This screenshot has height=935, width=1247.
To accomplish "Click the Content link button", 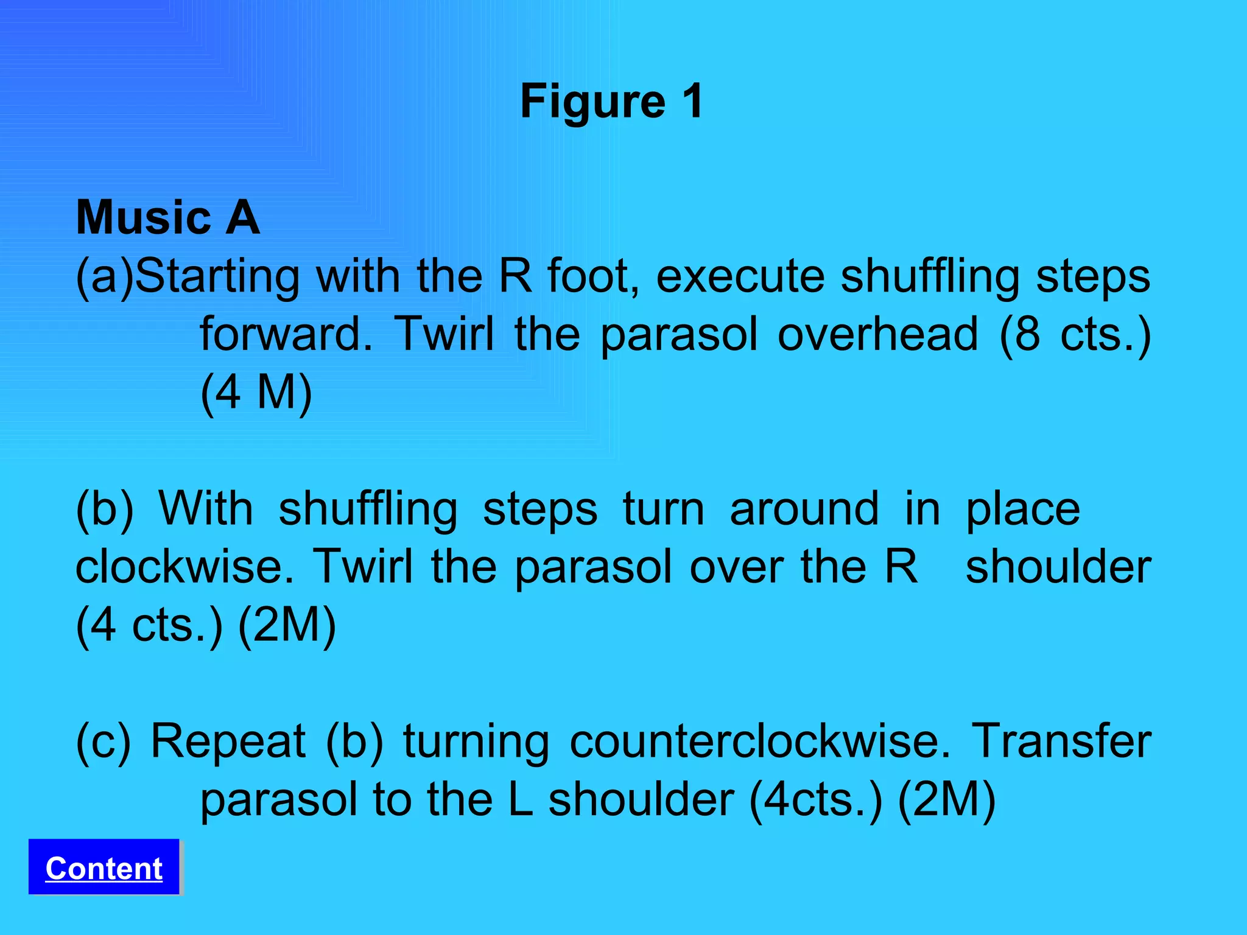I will [x=104, y=868].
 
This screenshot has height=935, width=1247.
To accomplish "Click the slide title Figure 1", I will [x=612, y=101].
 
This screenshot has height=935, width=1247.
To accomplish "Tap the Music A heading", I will [x=168, y=217].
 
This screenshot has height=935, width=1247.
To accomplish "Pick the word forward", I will [x=286, y=334].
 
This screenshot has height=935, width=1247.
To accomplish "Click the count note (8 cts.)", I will [x=1075, y=334].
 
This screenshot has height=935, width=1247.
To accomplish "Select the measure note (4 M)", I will [x=256, y=393].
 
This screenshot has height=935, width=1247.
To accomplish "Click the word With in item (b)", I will [x=206, y=509].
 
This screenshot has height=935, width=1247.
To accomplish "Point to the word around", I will [x=804, y=509].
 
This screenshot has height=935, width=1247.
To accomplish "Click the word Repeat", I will [x=228, y=742].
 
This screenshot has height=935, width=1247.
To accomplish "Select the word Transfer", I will [x=1061, y=741].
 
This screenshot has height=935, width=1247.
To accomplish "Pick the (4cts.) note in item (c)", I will [x=816, y=800].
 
